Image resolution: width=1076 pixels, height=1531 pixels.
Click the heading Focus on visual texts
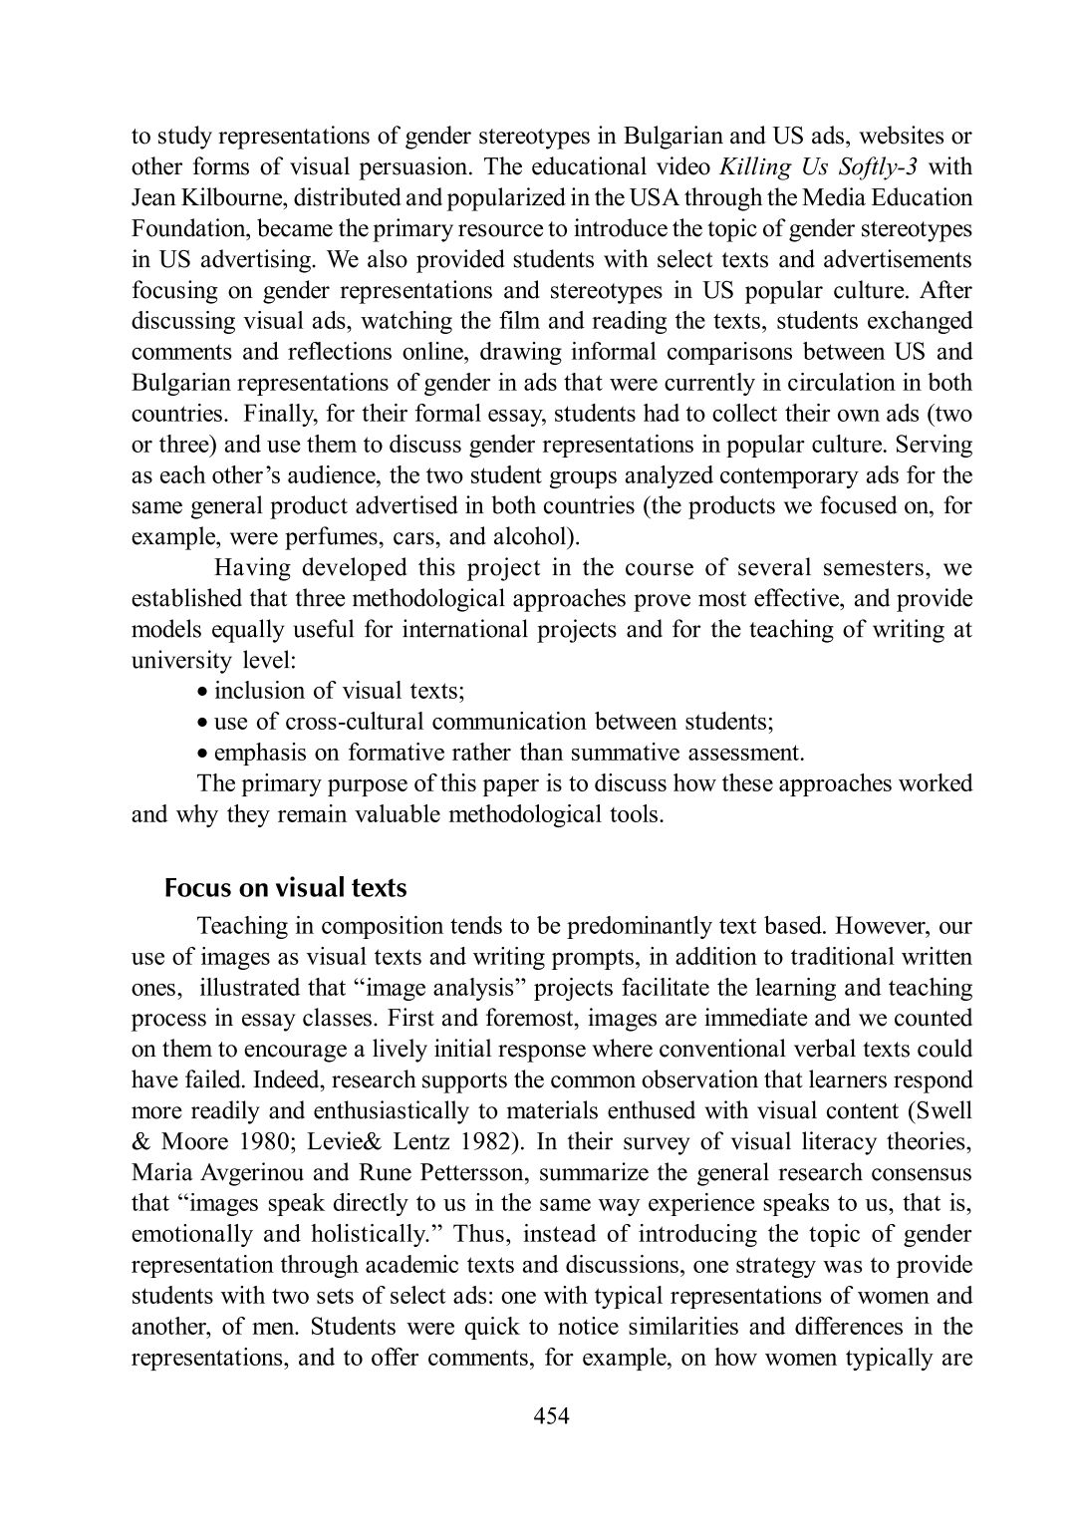click(285, 886)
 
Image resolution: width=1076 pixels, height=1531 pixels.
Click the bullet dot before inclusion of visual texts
click(202, 692)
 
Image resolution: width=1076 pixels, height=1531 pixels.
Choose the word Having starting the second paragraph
click(253, 568)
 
